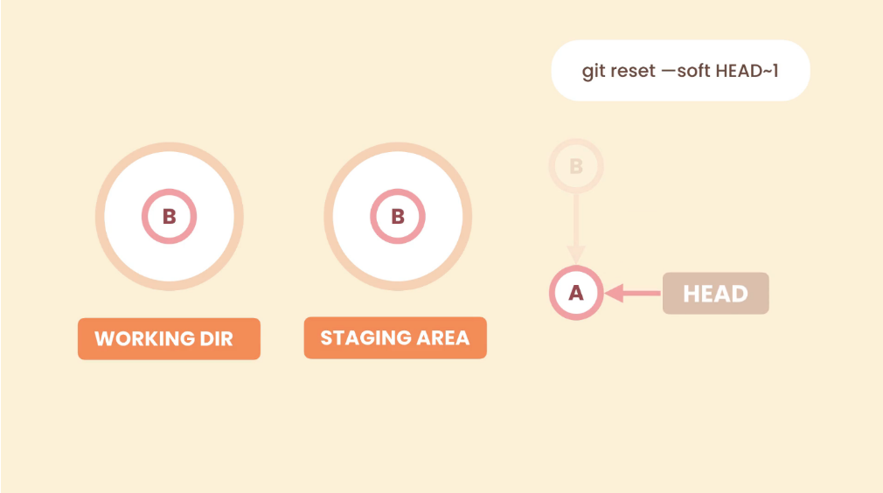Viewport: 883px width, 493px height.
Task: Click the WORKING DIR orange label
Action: tap(169, 339)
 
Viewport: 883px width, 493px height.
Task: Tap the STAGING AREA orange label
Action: tap(395, 337)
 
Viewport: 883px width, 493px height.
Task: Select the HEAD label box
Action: tap(716, 293)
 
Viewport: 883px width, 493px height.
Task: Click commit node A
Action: tap(576, 293)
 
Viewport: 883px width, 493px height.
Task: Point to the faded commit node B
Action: tap(576, 166)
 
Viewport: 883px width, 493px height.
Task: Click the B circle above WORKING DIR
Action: tap(169, 216)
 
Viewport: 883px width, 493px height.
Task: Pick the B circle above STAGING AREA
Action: tap(398, 216)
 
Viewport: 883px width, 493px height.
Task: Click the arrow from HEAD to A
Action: tap(633, 293)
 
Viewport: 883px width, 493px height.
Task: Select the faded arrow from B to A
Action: tap(576, 229)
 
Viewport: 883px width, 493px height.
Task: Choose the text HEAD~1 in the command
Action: tap(747, 71)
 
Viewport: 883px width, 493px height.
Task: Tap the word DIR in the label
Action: tap(216, 339)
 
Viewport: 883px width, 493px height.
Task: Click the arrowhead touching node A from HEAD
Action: tap(614, 293)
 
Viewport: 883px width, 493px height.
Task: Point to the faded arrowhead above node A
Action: tap(576, 255)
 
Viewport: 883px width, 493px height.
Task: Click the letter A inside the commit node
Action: tap(576, 293)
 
